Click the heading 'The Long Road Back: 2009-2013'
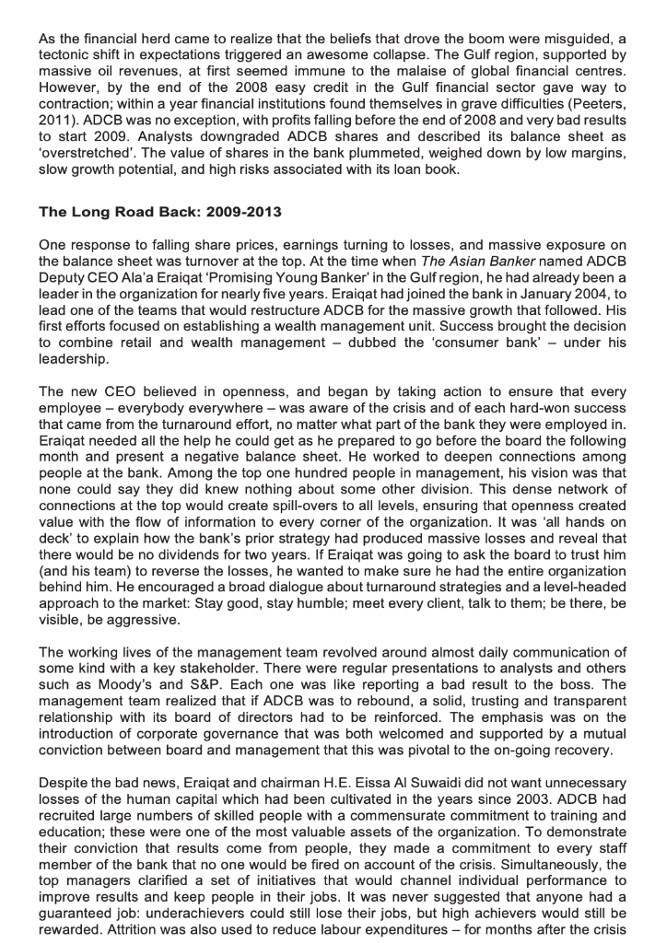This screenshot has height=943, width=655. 159,212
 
